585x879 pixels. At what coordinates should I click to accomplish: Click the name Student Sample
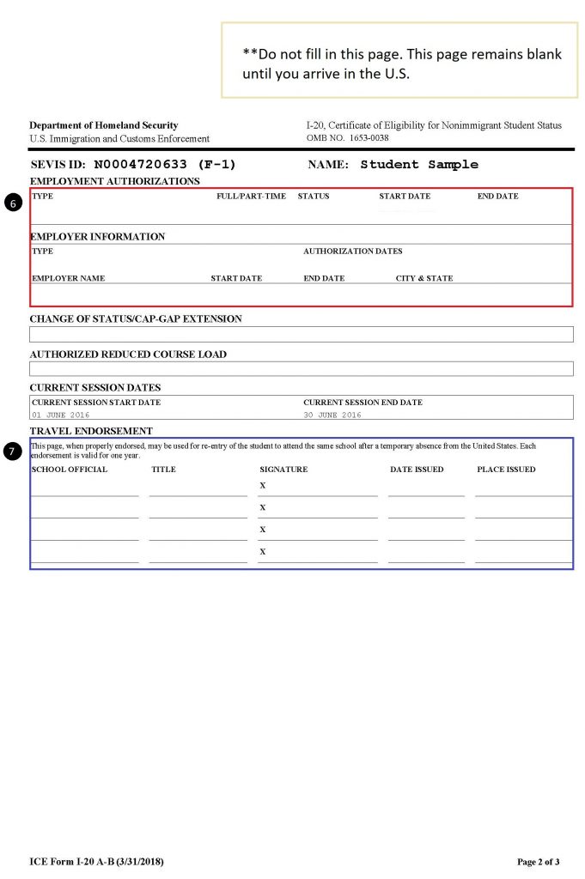(x=419, y=164)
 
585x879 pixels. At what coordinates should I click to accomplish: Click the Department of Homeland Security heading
(x=104, y=125)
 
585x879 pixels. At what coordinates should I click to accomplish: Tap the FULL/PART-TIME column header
(x=251, y=197)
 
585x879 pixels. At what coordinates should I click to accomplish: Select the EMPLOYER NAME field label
(x=69, y=278)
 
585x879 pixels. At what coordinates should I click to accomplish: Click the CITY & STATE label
(x=424, y=278)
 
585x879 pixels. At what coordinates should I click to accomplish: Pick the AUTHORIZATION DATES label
(x=352, y=252)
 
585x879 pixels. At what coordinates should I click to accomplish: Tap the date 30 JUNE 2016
(x=332, y=415)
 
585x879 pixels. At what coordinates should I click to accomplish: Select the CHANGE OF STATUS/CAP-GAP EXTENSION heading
(x=136, y=318)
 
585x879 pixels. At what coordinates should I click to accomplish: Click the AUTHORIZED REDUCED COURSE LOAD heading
(x=128, y=354)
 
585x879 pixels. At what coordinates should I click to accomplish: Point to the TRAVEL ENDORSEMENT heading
(x=91, y=431)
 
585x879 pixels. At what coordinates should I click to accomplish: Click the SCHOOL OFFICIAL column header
(x=70, y=470)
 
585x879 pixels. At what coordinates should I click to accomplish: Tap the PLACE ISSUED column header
(x=506, y=470)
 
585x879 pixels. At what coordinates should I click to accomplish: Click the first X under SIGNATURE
(x=262, y=486)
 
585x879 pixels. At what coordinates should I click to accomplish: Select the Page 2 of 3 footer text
(x=538, y=861)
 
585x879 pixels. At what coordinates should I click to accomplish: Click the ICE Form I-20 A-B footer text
(x=97, y=861)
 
